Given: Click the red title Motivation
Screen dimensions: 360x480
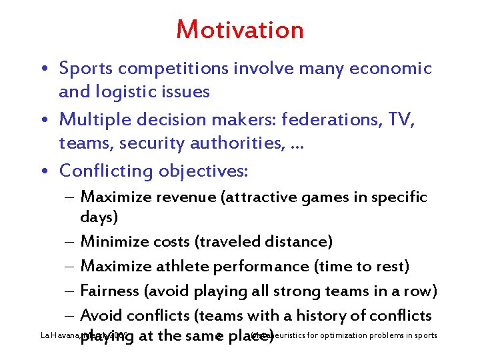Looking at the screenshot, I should [240, 30].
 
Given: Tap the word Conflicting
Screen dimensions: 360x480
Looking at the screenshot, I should [107, 171].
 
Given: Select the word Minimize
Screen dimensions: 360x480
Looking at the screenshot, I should [111, 242].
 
